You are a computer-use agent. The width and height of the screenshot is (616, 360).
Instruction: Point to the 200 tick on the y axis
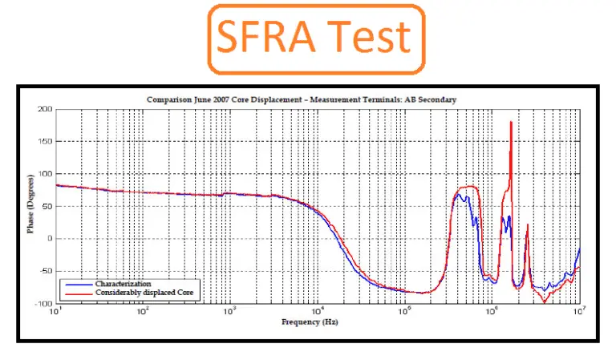tap(45, 109)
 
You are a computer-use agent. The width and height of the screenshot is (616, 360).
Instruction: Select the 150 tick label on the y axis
tap(45, 141)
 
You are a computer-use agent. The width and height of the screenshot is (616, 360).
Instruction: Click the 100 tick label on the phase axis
tap(45, 174)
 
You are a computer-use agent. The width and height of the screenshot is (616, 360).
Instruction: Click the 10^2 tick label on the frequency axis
tap(142, 309)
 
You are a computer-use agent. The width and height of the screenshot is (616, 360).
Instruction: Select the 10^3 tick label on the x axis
tap(229, 309)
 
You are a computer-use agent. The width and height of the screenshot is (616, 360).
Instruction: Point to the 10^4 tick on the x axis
tap(317, 309)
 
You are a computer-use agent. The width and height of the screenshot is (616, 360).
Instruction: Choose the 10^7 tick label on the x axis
tap(579, 309)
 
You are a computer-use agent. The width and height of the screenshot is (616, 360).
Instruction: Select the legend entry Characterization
tap(120, 284)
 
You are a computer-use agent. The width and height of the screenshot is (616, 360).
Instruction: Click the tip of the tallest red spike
tap(511, 122)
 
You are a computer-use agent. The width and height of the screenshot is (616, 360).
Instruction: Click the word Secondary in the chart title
tap(436, 99)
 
